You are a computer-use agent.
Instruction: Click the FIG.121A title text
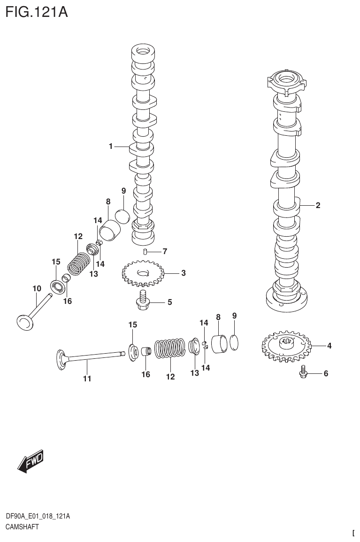tap(37, 11)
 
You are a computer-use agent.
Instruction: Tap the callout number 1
tap(111, 147)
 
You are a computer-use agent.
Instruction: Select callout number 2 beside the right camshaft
tap(318, 205)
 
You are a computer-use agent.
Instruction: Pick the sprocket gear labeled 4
tap(285, 348)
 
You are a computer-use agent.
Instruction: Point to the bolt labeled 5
tap(142, 301)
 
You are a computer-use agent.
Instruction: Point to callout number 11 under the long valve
tap(87, 379)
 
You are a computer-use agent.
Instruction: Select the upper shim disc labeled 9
tap(123, 216)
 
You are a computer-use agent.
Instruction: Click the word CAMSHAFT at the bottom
tap(22, 527)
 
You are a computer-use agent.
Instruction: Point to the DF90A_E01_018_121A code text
tap(38, 517)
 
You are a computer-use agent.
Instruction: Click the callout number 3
tap(184, 273)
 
